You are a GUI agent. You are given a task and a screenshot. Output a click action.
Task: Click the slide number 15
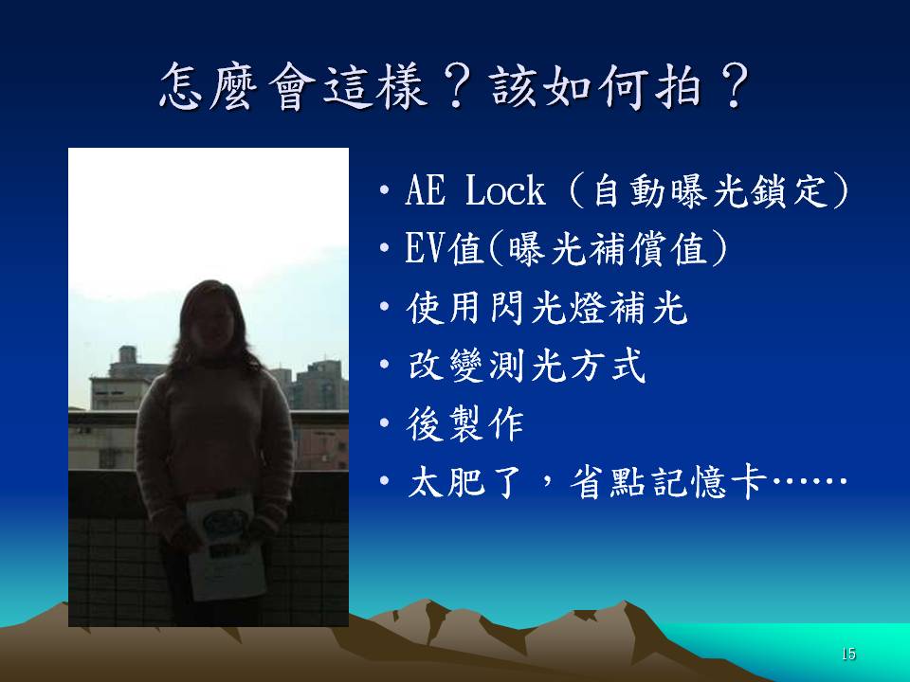tap(848, 655)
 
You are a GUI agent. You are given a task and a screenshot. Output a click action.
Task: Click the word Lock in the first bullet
tap(505, 190)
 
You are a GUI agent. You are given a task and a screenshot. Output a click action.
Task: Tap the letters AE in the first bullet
tap(426, 190)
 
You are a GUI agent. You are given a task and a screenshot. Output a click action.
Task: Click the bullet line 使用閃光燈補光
tap(547, 307)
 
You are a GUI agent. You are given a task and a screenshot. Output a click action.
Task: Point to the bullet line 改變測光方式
tap(526, 366)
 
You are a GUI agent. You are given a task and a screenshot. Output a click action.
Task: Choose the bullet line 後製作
tap(464, 424)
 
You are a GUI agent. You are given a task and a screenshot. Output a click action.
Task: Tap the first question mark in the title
tap(458, 88)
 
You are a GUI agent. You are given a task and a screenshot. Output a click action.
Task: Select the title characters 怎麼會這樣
tap(293, 87)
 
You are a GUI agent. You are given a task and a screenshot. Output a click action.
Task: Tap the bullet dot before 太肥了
tap(384, 481)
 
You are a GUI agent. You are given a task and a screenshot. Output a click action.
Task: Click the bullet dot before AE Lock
tap(384, 190)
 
